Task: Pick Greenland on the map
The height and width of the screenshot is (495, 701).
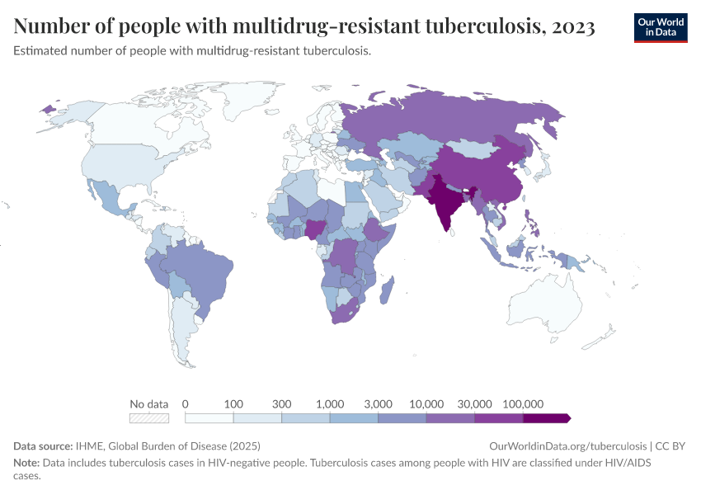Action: pos(239,99)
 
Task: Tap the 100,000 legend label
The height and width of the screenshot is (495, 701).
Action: pos(523,403)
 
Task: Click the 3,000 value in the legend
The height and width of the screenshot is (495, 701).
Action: pos(378,403)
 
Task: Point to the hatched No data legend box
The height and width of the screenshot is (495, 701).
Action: pos(149,418)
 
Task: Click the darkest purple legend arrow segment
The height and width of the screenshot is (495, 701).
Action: pos(546,418)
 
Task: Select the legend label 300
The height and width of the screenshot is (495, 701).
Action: pos(282,403)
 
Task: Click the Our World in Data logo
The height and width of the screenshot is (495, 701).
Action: pos(660,27)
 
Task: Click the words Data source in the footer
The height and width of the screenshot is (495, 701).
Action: pos(43,445)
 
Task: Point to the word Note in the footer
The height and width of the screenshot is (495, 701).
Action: pos(26,463)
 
